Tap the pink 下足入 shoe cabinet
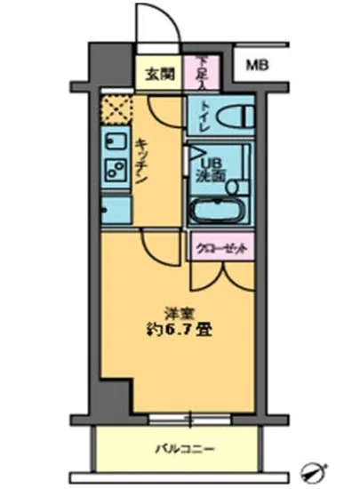[204, 70]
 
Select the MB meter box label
[256, 65]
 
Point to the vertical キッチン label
[141, 161]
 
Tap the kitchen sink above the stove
[113, 141]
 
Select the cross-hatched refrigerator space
[115, 110]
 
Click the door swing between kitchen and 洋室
[158, 247]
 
